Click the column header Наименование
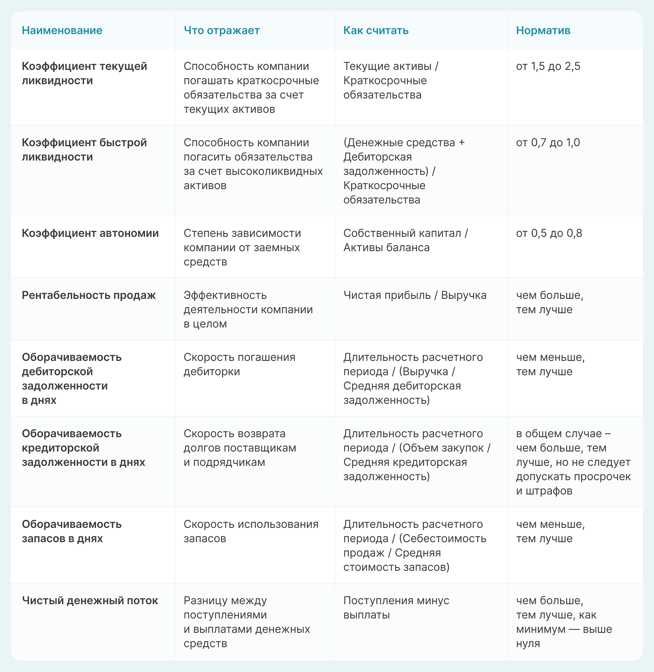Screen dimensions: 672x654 [x=62, y=30]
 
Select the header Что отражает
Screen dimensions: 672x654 [x=221, y=30]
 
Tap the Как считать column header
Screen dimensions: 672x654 [x=376, y=30]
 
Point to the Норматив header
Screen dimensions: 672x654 [x=543, y=30]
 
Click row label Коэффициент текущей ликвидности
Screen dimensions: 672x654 [x=84, y=73]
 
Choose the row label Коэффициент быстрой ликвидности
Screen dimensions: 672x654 [x=84, y=149]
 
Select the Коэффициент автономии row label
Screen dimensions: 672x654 [x=90, y=233]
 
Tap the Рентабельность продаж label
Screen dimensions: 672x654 [x=89, y=295]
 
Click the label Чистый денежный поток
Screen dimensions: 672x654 [x=90, y=601]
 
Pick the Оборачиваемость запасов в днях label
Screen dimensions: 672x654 [x=72, y=531]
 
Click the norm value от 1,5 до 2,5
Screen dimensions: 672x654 [x=548, y=66]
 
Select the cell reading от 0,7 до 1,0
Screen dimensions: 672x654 [x=548, y=142]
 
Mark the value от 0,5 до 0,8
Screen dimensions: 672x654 [x=549, y=233]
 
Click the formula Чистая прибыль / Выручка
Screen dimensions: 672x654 [x=415, y=295]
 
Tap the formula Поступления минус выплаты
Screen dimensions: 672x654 [x=396, y=608]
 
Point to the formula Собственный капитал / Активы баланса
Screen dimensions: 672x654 [x=406, y=240]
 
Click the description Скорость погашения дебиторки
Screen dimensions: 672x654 [x=239, y=364]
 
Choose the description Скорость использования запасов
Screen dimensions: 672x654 [x=251, y=531]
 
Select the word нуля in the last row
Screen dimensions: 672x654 [x=528, y=643]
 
